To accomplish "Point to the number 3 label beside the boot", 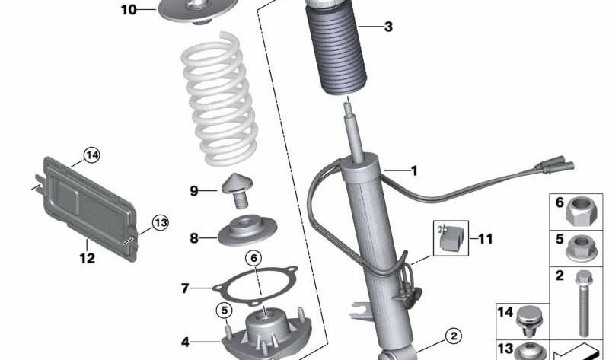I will (x=388, y=27).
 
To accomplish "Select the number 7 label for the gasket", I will (x=184, y=288).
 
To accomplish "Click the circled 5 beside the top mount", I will (x=224, y=310).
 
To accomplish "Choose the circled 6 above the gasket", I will (x=254, y=258).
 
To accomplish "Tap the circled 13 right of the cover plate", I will (x=159, y=223).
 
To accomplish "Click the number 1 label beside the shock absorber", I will (x=414, y=171).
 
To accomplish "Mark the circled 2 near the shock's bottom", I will (x=452, y=335).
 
